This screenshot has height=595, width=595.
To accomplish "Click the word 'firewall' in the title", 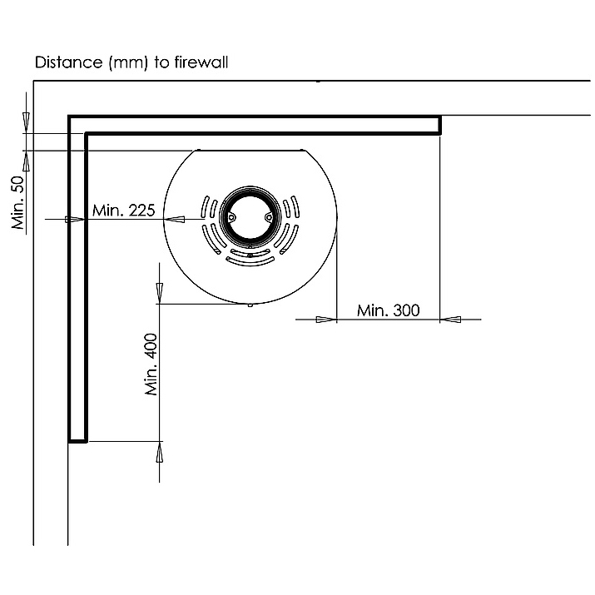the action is tap(201, 62).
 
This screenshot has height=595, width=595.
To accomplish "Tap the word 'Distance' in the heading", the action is tap(69, 62).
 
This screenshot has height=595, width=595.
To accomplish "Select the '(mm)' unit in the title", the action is tap(128, 62).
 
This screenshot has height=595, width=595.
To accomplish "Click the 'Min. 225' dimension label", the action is tap(124, 211).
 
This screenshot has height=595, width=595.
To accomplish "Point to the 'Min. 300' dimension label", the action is tap(388, 310).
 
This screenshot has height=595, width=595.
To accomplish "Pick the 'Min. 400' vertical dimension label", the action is tap(151, 364).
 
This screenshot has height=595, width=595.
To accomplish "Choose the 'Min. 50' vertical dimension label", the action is tap(17, 202).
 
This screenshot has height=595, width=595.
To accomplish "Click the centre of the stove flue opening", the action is tap(250, 216).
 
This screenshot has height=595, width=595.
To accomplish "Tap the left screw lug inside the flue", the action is tap(231, 217).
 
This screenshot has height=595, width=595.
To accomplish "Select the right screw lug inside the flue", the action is tap(269, 217).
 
